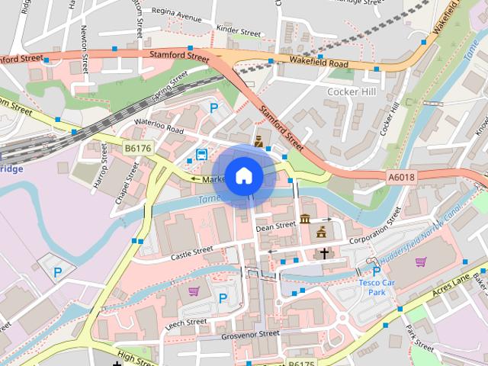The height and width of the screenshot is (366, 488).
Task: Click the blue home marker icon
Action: tap(243, 176)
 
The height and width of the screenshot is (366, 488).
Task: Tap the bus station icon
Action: tap(201, 155)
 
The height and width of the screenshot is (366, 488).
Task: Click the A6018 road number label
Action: tap(401, 177)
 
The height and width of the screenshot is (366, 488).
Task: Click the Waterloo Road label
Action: tap(159, 127)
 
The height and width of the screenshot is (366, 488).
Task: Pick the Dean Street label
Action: tap(275, 226)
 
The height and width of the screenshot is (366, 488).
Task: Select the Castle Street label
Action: tap(191, 252)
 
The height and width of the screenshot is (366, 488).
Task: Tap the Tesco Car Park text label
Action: tap(377, 287)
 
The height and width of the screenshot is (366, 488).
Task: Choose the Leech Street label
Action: tap(186, 323)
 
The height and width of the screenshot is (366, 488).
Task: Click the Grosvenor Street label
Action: tap(250, 334)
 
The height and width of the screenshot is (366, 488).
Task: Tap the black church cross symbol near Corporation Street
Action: tap(324, 252)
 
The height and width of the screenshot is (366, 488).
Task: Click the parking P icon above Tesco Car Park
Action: tap(376, 271)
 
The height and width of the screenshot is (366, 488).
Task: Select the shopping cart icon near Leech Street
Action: tap(194, 291)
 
